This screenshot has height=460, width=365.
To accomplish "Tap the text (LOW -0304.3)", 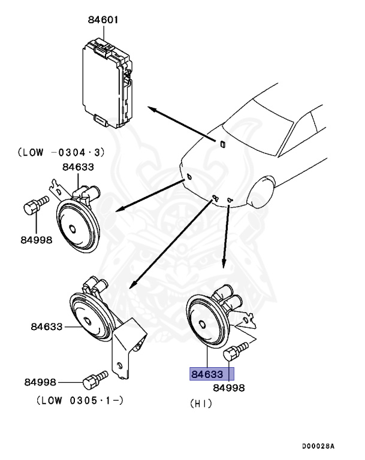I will coord(53,153).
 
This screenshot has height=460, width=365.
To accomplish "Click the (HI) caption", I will coord(201,404).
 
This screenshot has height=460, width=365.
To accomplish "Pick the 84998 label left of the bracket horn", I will coord(40,382).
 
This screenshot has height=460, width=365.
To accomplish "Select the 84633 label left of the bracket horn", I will coord(46,327).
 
